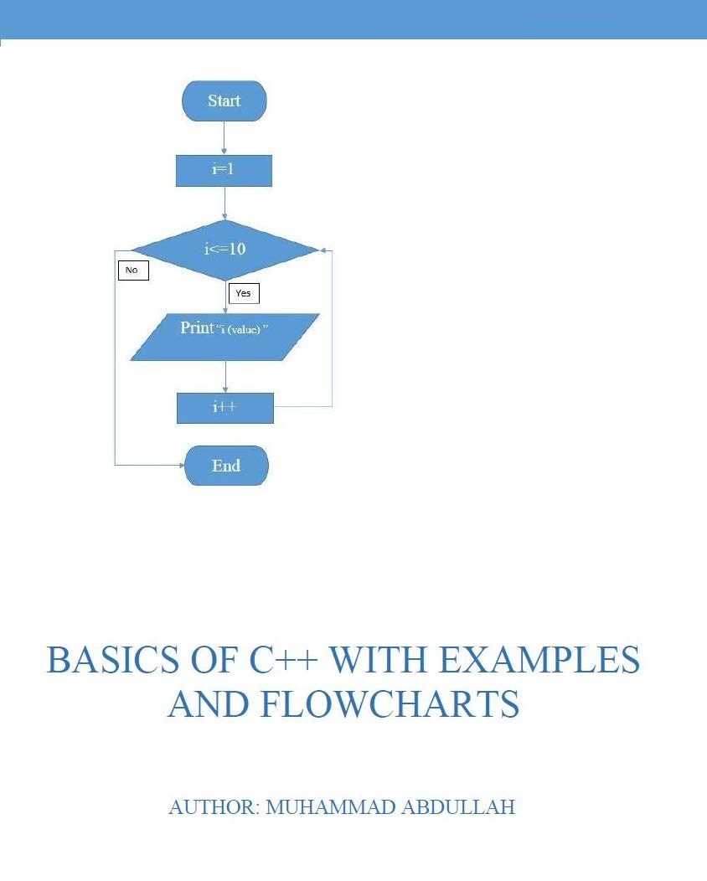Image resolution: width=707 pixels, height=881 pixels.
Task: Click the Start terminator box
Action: tap(224, 101)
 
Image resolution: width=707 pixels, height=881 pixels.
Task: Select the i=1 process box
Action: tap(224, 170)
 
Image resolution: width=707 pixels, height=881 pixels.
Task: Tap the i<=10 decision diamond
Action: tap(224, 249)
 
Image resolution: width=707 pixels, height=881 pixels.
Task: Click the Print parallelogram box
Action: tap(224, 337)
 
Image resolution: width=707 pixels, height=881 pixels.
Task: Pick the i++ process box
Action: tap(224, 408)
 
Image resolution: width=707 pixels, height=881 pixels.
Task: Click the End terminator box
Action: tap(226, 466)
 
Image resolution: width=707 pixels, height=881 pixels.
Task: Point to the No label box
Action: tap(132, 270)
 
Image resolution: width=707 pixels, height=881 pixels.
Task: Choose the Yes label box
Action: tap(243, 293)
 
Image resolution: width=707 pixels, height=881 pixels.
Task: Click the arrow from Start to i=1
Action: tap(224, 137)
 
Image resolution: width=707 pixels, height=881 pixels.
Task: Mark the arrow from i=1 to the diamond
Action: tap(224, 203)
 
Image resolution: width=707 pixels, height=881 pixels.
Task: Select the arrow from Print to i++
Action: tap(224, 376)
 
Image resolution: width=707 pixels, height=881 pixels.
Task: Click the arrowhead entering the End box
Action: tap(179, 465)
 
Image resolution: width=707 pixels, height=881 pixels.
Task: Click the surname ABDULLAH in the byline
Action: tap(462, 807)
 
